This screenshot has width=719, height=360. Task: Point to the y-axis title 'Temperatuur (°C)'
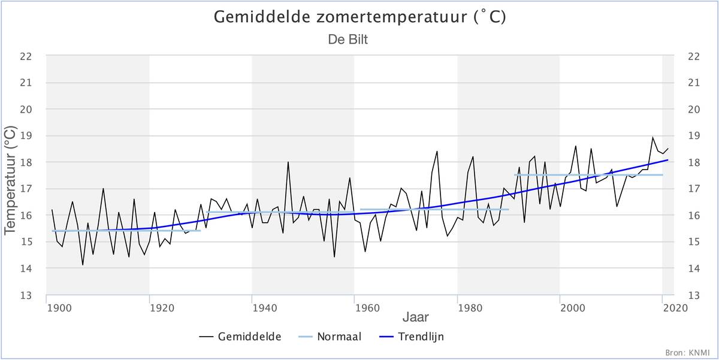[x=10, y=180]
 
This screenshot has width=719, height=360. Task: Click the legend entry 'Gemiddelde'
[x=241, y=337]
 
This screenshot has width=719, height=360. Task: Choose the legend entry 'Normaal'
[x=331, y=337]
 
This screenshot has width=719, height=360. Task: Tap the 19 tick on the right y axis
[x=694, y=136]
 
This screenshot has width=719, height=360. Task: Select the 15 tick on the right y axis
[x=694, y=242]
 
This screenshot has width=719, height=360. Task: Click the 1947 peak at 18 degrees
[x=288, y=162]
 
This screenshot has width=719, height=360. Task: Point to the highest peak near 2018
[x=652, y=137]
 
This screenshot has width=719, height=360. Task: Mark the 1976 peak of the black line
[x=437, y=151]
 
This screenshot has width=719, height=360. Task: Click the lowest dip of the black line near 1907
[x=83, y=265]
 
